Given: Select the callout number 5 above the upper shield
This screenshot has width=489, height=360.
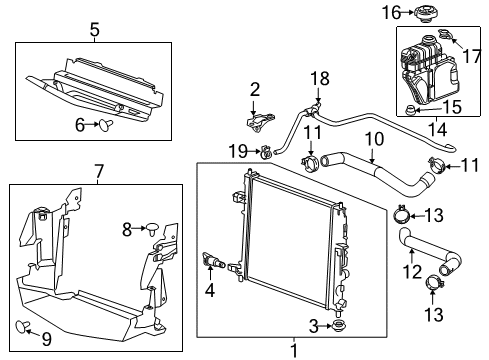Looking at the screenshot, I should [94, 30].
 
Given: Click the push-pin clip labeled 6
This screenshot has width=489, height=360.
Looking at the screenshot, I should [104, 124].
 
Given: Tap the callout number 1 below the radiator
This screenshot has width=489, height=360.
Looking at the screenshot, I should [293, 351].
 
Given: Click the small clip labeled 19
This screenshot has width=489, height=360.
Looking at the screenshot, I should [266, 152].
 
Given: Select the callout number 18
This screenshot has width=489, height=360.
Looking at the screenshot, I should [318, 77].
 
